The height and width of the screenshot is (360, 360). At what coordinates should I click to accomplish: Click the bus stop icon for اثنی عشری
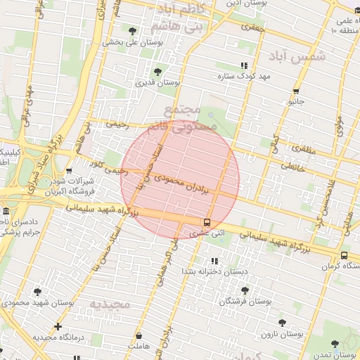pos(206,221)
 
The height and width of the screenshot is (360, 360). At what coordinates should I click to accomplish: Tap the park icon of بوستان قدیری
pos(157,72)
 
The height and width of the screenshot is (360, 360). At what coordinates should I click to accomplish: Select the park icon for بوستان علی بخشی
pos(133,30)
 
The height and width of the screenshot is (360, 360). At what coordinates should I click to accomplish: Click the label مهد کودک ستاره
pos(245,75)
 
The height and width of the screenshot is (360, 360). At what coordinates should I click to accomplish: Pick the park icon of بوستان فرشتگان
pos(245,290)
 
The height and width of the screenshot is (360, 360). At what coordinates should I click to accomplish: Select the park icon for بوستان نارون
pos(282,323)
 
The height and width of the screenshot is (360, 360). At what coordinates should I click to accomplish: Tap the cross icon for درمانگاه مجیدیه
pos(58,326)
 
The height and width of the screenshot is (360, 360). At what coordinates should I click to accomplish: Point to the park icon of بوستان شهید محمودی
pos(37,292)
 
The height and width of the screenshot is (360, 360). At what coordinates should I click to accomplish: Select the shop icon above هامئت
pos(139,336)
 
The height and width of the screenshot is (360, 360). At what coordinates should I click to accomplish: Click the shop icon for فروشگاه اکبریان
pos(69,170)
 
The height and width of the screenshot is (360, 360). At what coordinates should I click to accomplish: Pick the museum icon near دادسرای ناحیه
pos(6,212)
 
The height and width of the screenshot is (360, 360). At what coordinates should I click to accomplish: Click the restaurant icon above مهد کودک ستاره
pos(244,65)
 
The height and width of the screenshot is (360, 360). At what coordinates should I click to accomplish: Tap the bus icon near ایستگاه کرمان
pos(344,255)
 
